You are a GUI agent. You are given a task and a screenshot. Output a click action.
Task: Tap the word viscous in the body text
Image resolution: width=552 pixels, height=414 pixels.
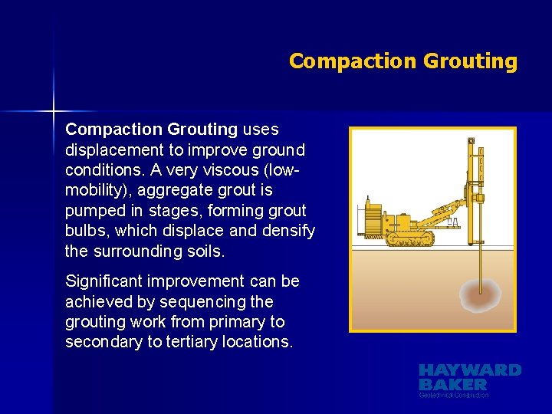click(225, 169)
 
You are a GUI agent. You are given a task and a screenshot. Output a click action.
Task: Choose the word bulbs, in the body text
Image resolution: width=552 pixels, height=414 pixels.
click(88, 230)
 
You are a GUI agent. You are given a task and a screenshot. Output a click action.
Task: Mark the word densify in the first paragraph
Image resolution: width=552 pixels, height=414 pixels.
click(287, 230)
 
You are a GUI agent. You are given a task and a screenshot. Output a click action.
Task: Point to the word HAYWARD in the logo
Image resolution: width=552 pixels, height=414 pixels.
click(469, 370)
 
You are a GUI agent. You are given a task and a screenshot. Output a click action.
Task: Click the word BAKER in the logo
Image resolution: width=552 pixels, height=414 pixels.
click(452, 384)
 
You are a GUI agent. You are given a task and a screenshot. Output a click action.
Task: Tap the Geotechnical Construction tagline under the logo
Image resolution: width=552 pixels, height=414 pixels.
click(454, 395)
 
